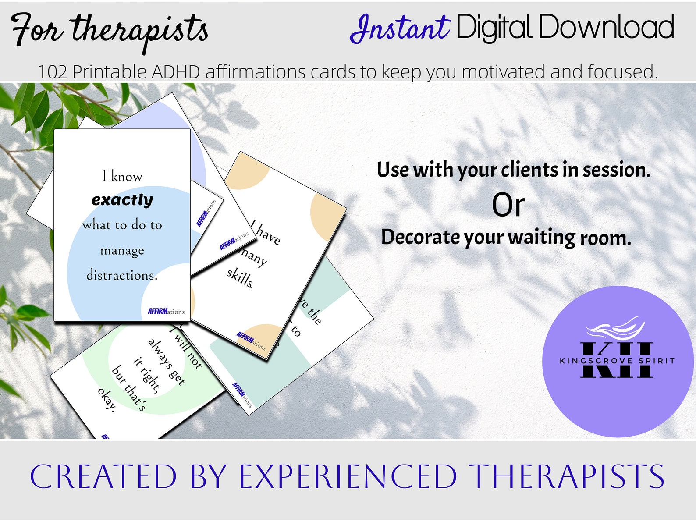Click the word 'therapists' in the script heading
139,30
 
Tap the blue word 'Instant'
400,28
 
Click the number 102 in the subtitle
52,72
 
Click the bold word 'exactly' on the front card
122,200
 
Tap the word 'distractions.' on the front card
122,275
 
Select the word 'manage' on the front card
122,251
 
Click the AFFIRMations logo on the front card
166,311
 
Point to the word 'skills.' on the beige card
240,278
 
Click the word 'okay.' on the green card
107,400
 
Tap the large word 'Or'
508,205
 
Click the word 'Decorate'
420,237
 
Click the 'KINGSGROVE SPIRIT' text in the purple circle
617,361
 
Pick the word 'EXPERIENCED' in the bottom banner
348,476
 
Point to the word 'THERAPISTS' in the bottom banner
567,476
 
